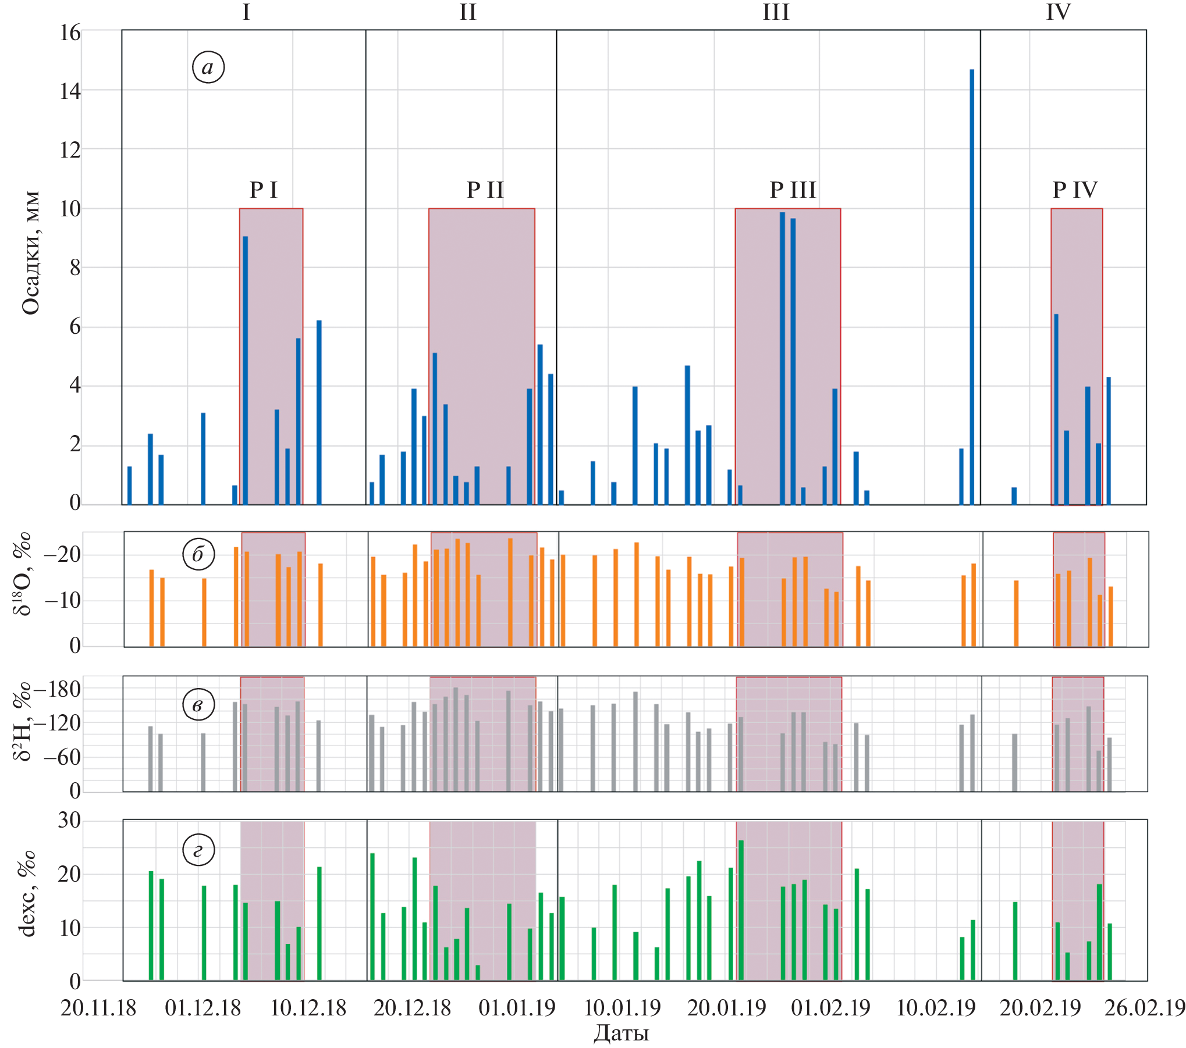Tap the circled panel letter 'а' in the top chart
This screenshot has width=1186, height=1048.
click(208, 67)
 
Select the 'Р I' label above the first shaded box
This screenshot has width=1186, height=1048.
click(264, 190)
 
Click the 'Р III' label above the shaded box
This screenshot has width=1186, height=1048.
click(793, 190)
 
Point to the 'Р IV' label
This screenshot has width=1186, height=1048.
click(1075, 190)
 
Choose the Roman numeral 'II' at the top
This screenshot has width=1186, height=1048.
click(468, 12)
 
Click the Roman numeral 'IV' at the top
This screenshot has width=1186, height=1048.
click(1058, 12)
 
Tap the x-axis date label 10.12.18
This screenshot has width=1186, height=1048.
click(308, 1008)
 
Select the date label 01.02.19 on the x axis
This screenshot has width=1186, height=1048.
click(830, 1008)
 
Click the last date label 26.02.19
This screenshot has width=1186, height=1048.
click(1145, 1008)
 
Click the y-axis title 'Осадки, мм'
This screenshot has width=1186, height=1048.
click(30, 253)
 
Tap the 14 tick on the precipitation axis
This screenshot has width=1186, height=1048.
click(70, 91)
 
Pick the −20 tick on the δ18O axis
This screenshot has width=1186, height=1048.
click(62, 554)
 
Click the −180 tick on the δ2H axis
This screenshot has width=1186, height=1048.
click(57, 690)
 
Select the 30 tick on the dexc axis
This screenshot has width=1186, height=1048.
click(69, 821)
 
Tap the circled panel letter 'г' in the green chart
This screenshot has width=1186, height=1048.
click(198, 850)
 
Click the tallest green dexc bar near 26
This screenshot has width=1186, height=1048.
click(741, 911)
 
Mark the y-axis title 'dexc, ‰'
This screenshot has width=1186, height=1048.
click(27, 894)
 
